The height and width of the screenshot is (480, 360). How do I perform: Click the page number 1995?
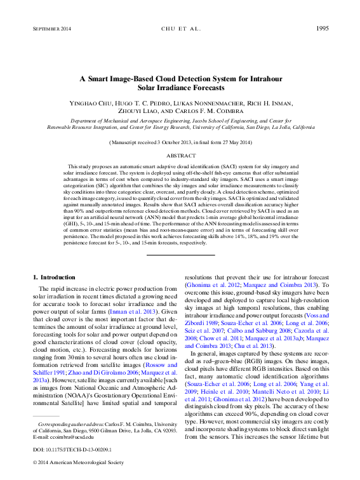click(321, 29)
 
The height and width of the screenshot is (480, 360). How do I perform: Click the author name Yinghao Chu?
click(91, 102)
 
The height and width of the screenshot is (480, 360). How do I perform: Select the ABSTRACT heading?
click(180, 156)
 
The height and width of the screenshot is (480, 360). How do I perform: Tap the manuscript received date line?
click(180, 144)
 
